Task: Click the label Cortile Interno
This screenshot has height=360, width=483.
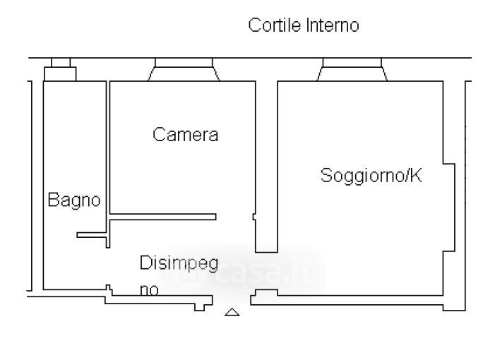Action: (304, 26)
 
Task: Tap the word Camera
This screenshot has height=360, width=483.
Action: (185, 135)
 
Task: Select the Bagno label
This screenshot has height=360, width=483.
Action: (73, 200)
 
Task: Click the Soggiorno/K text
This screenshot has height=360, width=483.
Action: (371, 175)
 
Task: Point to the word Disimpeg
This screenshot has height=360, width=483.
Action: (179, 263)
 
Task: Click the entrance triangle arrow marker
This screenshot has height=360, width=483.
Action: (232, 311)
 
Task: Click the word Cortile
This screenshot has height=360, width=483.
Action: (275, 26)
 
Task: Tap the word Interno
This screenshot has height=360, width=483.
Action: (333, 26)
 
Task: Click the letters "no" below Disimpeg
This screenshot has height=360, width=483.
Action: (148, 289)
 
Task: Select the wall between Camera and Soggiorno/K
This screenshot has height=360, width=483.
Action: (266, 162)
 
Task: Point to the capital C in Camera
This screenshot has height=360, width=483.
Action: (159, 135)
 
